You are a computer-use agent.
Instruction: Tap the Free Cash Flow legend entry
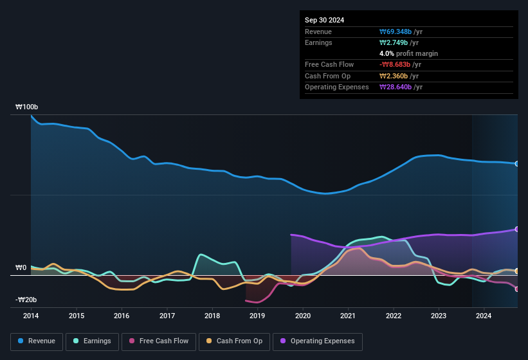click(159, 341)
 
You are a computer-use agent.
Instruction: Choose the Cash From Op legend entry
click(234, 341)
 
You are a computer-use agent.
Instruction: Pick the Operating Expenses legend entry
click(318, 341)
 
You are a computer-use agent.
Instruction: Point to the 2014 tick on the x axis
click(31, 316)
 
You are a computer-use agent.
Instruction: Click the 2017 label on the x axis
click(167, 316)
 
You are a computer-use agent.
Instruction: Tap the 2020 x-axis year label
click(302, 316)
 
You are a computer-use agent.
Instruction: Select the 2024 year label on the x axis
click(484, 316)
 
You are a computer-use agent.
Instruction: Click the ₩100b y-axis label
click(27, 107)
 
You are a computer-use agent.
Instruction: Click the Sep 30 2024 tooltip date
click(325, 20)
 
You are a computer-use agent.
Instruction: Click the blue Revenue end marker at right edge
click(517, 164)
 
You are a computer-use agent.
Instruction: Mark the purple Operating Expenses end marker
click(517, 229)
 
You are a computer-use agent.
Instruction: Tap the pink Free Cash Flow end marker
click(517, 289)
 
